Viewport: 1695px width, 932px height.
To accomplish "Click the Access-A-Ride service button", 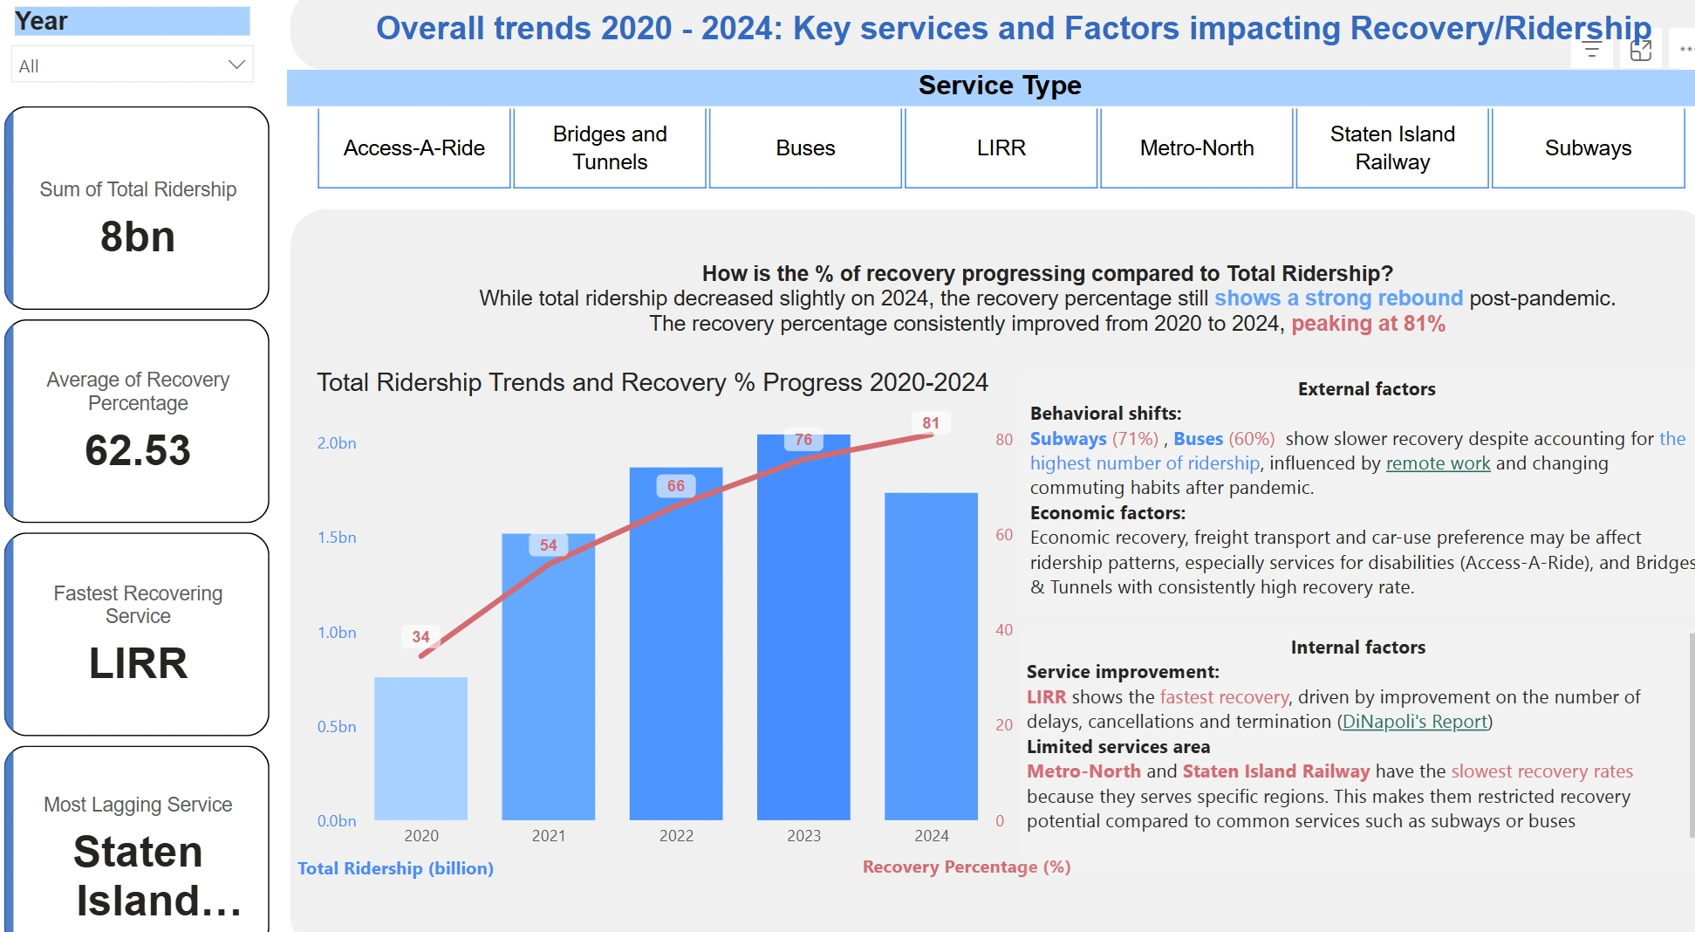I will (413, 148).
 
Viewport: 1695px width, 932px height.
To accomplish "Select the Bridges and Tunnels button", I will (610, 148).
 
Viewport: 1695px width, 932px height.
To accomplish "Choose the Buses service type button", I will (805, 148).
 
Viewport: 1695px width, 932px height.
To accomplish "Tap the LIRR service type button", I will (1001, 148).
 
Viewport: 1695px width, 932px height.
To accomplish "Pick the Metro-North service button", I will (1196, 148).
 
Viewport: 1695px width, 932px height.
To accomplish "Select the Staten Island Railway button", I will (1392, 148).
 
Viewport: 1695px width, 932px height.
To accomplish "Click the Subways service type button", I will (1588, 148).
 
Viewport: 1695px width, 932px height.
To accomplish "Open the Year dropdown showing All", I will (132, 65).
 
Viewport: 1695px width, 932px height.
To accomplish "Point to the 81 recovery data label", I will (931, 423).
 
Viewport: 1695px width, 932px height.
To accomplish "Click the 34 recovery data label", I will (420, 637).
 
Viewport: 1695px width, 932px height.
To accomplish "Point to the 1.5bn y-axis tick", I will (337, 538).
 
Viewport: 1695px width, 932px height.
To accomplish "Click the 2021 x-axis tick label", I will (549, 836).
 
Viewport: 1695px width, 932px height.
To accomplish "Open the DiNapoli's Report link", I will (1414, 722).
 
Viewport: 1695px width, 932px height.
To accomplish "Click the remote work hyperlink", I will (1438, 463).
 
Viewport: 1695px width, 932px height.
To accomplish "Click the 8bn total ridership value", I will (138, 237).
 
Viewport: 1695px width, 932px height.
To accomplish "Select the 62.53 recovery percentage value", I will (138, 450).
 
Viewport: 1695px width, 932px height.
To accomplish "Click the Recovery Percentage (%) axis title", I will (967, 867).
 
